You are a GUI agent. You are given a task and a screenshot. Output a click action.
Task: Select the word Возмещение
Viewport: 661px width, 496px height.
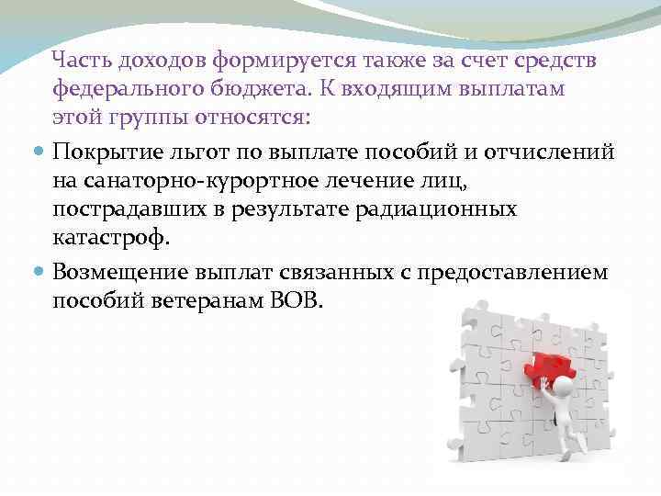[x=120, y=272]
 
